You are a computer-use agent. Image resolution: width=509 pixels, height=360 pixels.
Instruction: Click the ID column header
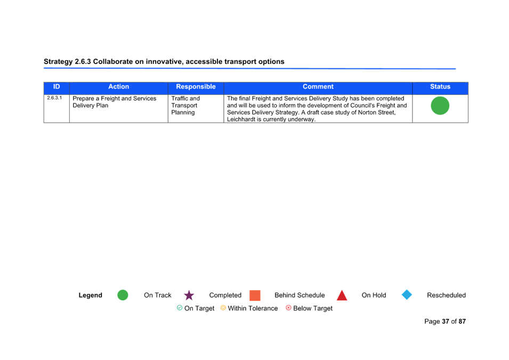point(56,87)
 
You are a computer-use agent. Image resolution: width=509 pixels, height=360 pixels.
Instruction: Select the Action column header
point(118,87)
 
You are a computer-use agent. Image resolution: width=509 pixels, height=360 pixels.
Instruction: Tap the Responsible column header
point(196,87)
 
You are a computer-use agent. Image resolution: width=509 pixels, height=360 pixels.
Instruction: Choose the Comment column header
point(318,87)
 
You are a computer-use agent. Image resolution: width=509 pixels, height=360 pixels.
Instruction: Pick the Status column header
point(440,87)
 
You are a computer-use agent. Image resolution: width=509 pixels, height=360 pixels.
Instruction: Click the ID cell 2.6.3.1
point(54,98)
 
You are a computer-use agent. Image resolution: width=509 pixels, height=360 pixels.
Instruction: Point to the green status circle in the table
point(440,106)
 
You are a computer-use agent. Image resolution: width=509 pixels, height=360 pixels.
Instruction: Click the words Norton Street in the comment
point(377,113)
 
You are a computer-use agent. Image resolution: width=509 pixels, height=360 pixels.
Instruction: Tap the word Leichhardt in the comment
point(241,119)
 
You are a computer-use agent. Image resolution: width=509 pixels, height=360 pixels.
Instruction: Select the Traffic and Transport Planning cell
point(185,105)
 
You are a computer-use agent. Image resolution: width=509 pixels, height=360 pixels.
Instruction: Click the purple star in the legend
point(189,295)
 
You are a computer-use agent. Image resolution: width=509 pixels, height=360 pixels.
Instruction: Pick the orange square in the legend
point(255,295)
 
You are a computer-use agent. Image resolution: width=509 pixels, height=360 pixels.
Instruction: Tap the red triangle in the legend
point(342,295)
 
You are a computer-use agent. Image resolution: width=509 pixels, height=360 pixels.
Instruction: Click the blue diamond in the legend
point(407,295)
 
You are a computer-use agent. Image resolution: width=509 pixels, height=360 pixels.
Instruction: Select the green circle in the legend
point(123,295)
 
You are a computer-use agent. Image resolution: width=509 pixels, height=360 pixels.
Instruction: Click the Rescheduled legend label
point(446,295)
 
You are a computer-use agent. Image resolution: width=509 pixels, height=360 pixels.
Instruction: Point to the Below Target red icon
point(288,308)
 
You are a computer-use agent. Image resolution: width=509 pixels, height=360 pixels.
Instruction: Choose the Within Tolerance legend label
point(253,308)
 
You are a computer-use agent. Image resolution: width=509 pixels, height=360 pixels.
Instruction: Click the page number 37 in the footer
point(446,322)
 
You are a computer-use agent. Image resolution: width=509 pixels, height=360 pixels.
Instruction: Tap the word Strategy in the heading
point(59,62)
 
